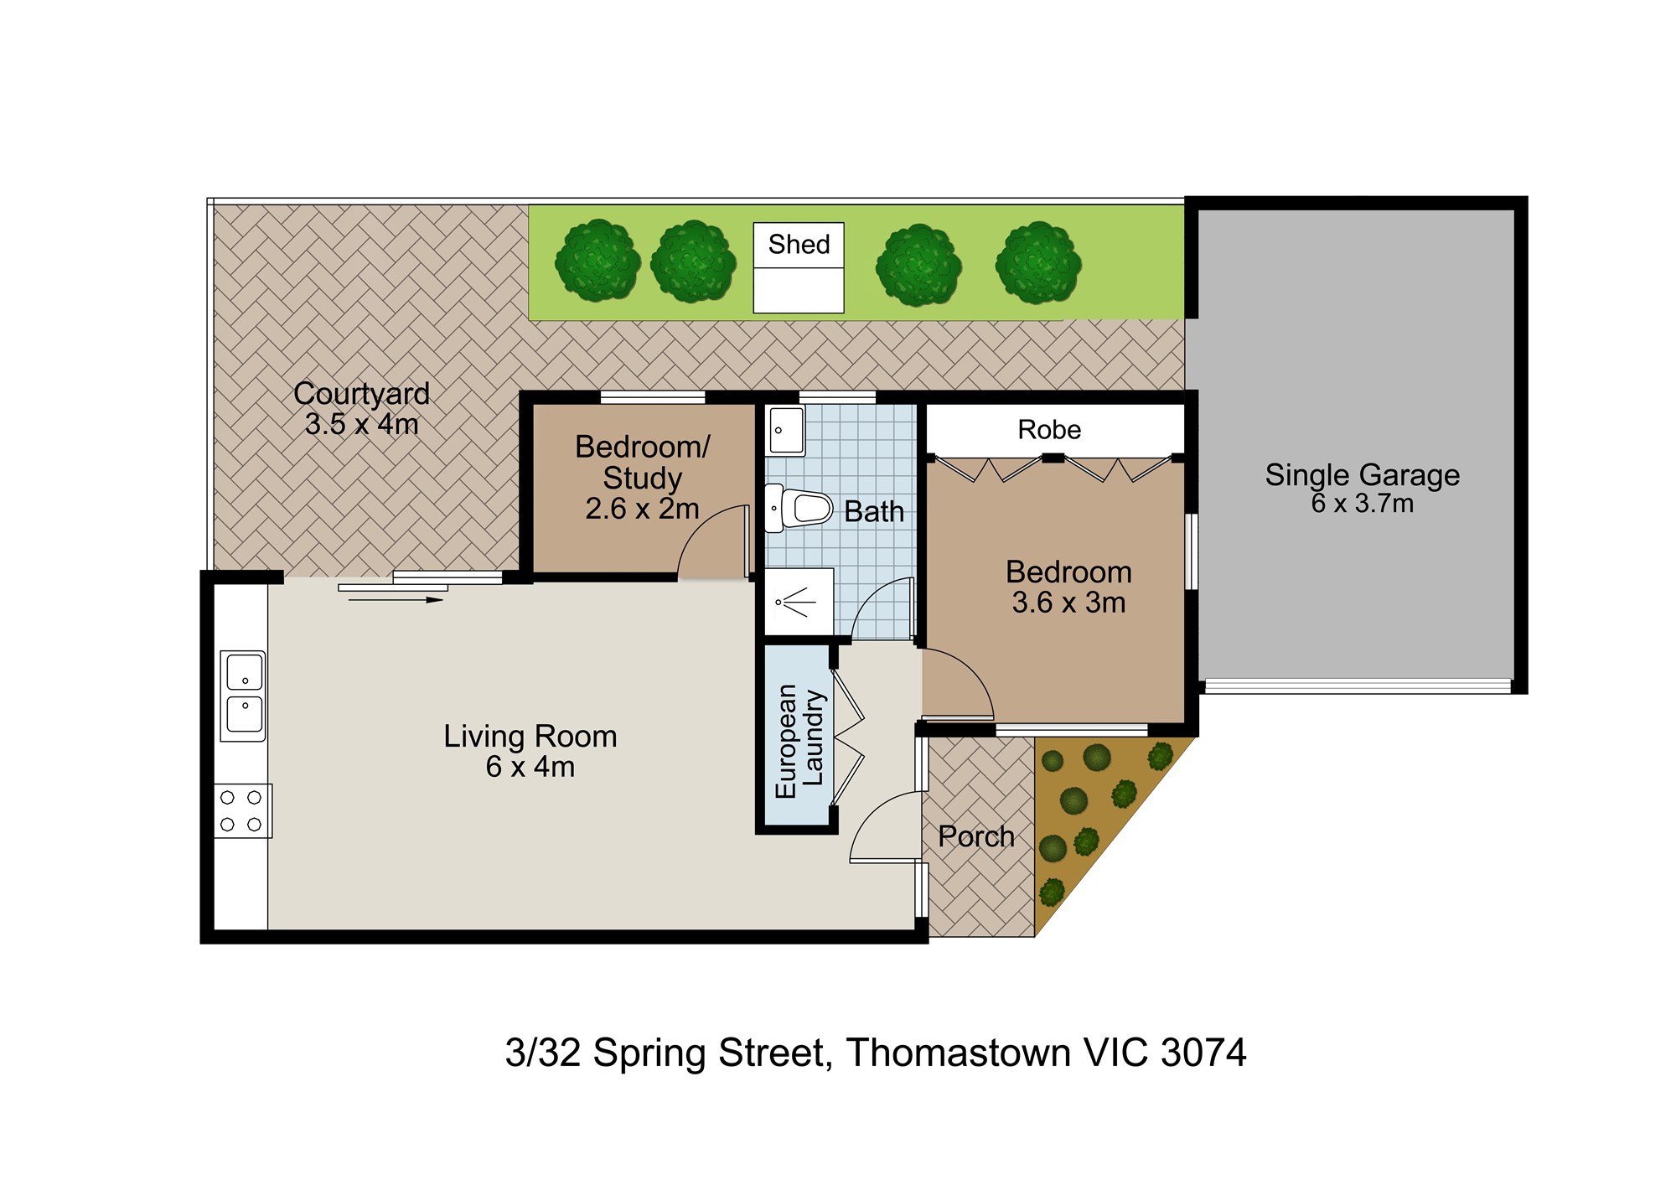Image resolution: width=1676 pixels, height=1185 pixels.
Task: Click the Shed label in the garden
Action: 799,245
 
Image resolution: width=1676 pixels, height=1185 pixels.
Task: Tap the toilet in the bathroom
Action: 799,508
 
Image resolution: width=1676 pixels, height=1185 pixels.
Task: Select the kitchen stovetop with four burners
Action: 242,810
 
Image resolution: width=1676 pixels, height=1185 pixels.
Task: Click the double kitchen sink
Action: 243,696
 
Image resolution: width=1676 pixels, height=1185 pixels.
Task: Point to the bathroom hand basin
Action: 786,431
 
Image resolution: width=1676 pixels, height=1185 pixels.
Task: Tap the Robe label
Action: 1049,430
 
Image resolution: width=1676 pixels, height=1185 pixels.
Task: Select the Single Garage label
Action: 1362,475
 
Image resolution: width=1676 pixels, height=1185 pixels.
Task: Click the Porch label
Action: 976,836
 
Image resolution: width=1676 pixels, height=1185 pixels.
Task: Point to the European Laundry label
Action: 799,741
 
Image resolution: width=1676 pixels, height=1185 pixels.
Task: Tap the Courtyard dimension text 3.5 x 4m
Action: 362,424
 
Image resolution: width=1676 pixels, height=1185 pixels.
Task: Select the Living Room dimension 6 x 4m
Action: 530,767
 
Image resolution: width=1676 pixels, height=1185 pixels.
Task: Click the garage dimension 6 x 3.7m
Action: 1363,504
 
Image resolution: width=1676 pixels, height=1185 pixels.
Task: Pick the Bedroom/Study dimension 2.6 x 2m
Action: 642,509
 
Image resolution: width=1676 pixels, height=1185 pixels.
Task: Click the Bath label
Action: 874,511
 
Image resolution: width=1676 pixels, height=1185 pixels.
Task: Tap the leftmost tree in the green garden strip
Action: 597,261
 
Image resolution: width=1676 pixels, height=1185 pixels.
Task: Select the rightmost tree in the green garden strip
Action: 1038,262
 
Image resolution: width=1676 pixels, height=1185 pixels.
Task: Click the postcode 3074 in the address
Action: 1203,1053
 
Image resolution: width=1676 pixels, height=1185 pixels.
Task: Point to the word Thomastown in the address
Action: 958,1053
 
